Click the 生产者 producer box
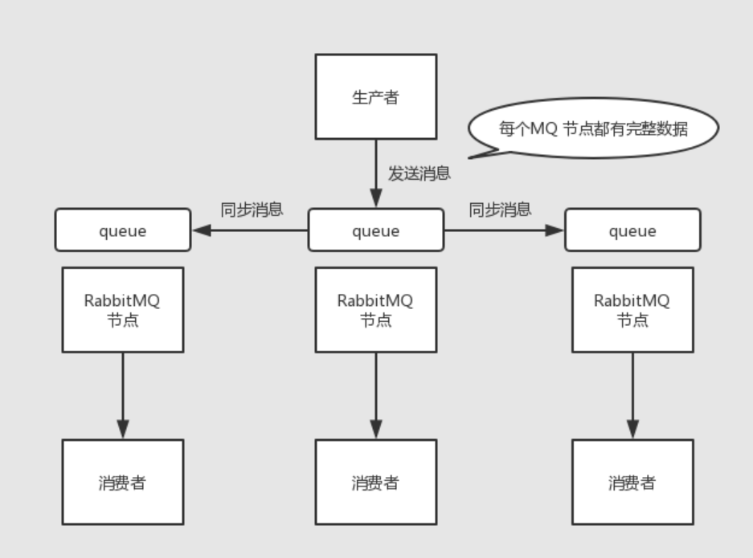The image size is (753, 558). pos(375,97)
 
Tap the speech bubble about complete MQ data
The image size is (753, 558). pos(593,128)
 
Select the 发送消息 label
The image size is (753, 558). pos(419,173)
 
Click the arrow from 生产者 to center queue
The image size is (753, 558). pos(375,173)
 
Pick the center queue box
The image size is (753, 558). pos(375,230)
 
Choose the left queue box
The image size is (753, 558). pos(123,230)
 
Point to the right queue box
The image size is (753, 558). pos(632,230)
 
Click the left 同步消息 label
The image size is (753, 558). pos(252,210)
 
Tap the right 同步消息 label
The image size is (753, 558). pos(500,210)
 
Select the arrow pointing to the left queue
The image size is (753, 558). pos(250,230)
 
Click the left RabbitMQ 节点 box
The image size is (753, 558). pos(123,310)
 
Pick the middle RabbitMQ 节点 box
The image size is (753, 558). pos(375,310)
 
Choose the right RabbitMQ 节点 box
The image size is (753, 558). pos(632,310)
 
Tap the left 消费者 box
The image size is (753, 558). pos(123,483)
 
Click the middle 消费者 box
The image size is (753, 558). pos(375,483)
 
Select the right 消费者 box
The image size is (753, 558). pos(632,483)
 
